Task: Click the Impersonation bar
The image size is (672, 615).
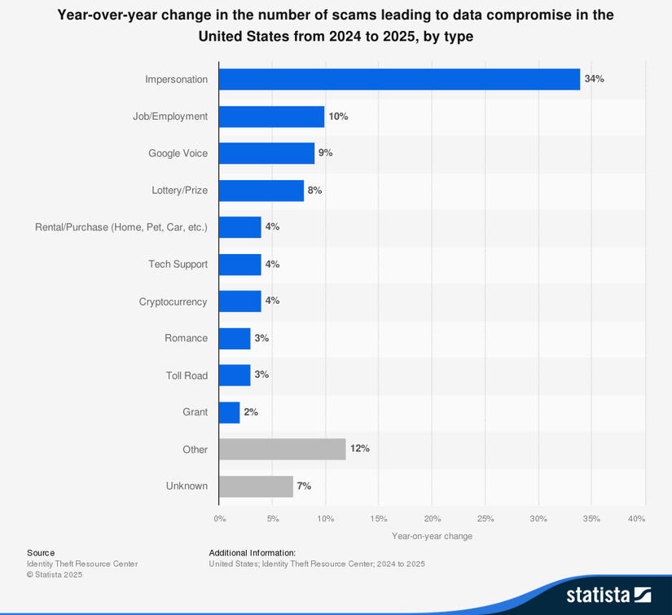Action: (399, 79)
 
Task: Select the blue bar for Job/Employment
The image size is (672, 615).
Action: (271, 116)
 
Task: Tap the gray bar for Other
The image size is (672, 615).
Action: (282, 449)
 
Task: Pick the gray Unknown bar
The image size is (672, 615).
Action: (256, 486)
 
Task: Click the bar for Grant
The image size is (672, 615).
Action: (230, 412)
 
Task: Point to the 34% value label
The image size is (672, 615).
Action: (594, 79)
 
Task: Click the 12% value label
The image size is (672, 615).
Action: (359, 449)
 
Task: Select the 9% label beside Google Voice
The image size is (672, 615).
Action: (326, 153)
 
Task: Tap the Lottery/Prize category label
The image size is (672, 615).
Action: (179, 191)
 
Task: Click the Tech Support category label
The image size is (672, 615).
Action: (178, 264)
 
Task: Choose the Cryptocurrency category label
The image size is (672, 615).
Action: (173, 301)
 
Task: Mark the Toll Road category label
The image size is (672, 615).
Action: (187, 376)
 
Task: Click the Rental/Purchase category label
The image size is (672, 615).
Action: (121, 227)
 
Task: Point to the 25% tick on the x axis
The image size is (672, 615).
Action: (485, 519)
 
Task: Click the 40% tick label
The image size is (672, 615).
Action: (637, 519)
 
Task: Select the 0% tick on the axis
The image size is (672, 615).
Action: (220, 519)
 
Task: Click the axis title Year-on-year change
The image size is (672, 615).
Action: (432, 536)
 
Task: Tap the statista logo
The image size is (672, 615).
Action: (608, 594)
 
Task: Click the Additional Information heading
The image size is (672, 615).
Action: (252, 552)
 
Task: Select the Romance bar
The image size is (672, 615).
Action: (235, 338)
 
